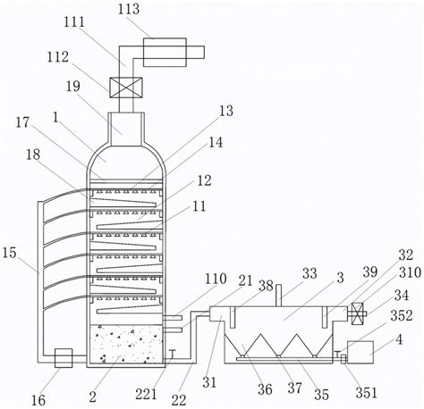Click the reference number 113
click(x=129, y=9)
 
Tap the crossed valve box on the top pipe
click(x=126, y=88)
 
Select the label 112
click(x=58, y=57)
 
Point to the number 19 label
click(x=73, y=86)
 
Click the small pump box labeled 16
click(x=64, y=358)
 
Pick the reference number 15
click(x=9, y=253)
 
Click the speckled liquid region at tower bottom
click(x=126, y=344)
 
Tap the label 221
click(x=146, y=395)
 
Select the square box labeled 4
click(x=360, y=352)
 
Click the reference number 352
click(x=402, y=315)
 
